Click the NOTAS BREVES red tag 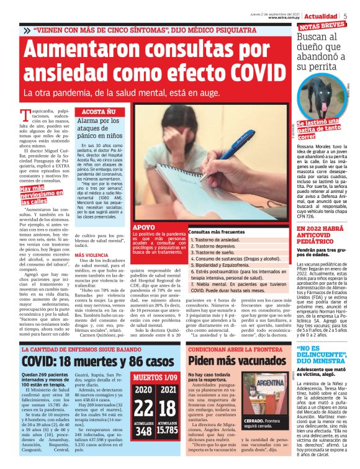322,27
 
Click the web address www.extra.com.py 284,18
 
